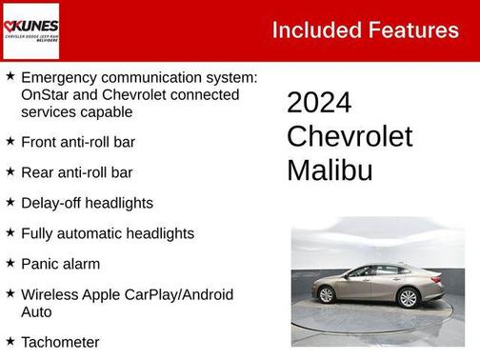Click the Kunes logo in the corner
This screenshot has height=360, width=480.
(30, 30)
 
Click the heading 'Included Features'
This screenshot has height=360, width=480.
(365, 30)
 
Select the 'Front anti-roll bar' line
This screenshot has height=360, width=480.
(77, 142)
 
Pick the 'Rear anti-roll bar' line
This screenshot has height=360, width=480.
(76, 172)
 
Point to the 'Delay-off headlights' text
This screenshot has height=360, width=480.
(87, 203)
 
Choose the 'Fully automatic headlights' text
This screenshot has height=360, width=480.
(107, 233)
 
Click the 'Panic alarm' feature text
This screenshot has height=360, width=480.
(60, 264)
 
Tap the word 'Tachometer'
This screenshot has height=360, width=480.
(60, 341)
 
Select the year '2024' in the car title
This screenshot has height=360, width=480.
(319, 103)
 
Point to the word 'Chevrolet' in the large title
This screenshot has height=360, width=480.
(350, 136)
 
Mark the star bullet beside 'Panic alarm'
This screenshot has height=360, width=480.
(10, 263)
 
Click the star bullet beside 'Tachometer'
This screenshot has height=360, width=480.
(10, 340)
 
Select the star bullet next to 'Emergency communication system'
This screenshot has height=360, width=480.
(10, 76)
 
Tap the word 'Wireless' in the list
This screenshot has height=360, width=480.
(49, 294)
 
